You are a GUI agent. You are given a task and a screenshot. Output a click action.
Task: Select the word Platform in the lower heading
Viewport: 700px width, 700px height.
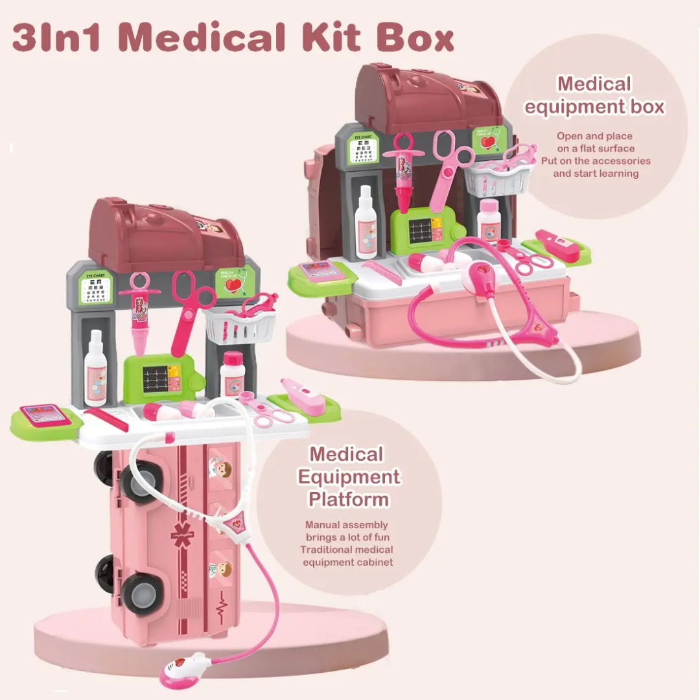pos(349,500)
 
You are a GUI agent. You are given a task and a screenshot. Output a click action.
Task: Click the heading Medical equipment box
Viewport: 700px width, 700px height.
pos(594,95)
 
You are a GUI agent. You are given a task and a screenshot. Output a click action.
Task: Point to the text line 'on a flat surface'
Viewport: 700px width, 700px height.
pos(596,148)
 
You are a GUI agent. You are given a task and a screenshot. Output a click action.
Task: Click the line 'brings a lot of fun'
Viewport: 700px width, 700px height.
pos(347,537)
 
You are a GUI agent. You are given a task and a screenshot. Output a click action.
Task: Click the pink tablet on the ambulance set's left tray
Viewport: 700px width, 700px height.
pos(45,415)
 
